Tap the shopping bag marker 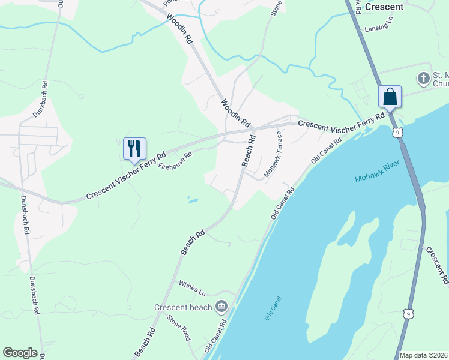[390, 97]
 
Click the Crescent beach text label [183, 308]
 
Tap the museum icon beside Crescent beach [221, 307]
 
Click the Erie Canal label [273, 308]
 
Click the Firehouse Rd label [175, 160]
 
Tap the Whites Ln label [191, 288]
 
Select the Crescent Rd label [436, 265]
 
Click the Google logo [20, 353]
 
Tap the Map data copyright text [424, 355]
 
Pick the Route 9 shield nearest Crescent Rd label [408, 314]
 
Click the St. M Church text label [441, 80]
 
